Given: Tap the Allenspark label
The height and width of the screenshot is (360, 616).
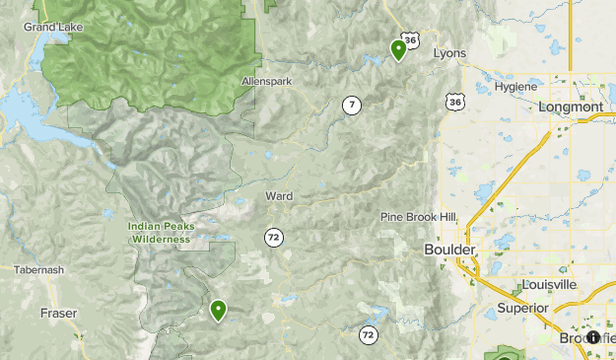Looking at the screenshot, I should pyautogui.click(x=266, y=81).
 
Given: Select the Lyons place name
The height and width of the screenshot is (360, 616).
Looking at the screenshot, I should pyautogui.click(x=449, y=53).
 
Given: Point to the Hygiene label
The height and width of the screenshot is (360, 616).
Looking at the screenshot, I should pyautogui.click(x=515, y=87).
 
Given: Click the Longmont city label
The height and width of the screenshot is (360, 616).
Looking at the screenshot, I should pyautogui.click(x=571, y=107).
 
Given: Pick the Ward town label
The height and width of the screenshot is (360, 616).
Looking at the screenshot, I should pyautogui.click(x=279, y=196).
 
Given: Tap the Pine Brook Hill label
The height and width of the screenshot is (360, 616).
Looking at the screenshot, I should pyautogui.click(x=419, y=217).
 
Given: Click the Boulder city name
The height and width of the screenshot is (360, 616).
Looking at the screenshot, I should pyautogui.click(x=449, y=251).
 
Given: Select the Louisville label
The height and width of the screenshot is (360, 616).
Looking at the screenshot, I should pyautogui.click(x=550, y=284).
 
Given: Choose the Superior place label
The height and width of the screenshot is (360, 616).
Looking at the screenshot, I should pyautogui.click(x=521, y=308).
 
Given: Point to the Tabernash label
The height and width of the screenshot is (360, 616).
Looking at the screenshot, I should pyautogui.click(x=40, y=269).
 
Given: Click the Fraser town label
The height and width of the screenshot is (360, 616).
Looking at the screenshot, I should pyautogui.click(x=58, y=313).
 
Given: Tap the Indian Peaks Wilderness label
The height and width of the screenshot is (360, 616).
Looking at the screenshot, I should pyautogui.click(x=161, y=233).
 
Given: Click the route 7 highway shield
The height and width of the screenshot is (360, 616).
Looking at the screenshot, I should pyautogui.click(x=352, y=105).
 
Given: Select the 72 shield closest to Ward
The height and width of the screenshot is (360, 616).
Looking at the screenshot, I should pyautogui.click(x=273, y=237).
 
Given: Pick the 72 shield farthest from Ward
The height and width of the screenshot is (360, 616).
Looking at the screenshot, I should pyautogui.click(x=369, y=335).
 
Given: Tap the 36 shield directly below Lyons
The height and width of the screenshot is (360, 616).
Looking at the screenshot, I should pyautogui.click(x=453, y=102).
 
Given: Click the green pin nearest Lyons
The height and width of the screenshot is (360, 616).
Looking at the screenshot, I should pyautogui.click(x=398, y=49).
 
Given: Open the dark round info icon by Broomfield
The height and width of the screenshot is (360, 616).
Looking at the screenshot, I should pyautogui.click(x=593, y=337).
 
